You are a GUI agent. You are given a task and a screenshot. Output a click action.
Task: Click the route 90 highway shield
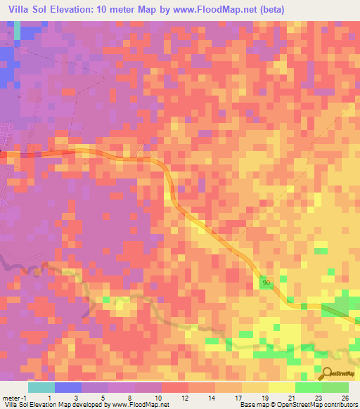pos(265,282)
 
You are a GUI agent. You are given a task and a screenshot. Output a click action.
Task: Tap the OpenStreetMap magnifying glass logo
pos(325,373)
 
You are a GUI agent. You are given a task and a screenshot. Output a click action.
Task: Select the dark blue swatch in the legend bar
pos(68,387)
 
